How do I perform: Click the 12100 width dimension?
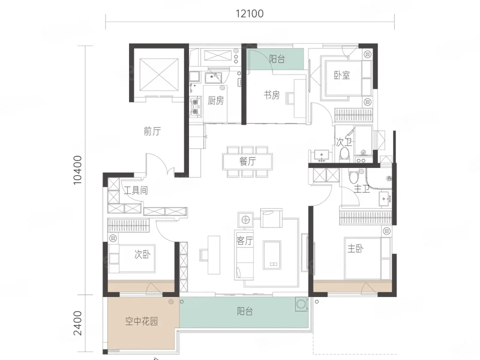pyautogui.click(x=250, y=14)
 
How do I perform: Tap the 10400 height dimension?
pyautogui.click(x=78, y=170)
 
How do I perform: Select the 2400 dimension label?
pyautogui.click(x=78, y=323)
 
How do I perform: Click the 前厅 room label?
pyautogui.click(x=152, y=131)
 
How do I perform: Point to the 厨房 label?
pyautogui.click(x=215, y=100)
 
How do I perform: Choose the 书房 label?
pyautogui.click(x=272, y=95)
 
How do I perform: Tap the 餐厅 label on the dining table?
pyautogui.click(x=248, y=161)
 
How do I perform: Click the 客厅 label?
pyautogui.click(x=245, y=241)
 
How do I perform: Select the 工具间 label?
pyautogui.click(x=136, y=190)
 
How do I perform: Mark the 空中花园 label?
pyautogui.click(x=142, y=321)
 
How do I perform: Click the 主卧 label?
pyautogui.click(x=356, y=248)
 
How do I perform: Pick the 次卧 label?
pyautogui.click(x=142, y=254)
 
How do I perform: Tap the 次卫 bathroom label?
pyautogui.click(x=344, y=142)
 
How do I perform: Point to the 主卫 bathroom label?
pyautogui.click(x=362, y=188)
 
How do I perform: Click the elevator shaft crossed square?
pyautogui.click(x=159, y=75)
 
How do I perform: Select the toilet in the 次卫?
pyautogui.click(x=345, y=155)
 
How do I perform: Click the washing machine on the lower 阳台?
pyautogui.click(x=302, y=304)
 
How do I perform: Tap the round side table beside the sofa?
pyautogui.click(x=245, y=220)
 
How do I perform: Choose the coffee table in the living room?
pyautogui.click(x=272, y=256)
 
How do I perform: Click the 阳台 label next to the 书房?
pyautogui.click(x=277, y=59)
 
